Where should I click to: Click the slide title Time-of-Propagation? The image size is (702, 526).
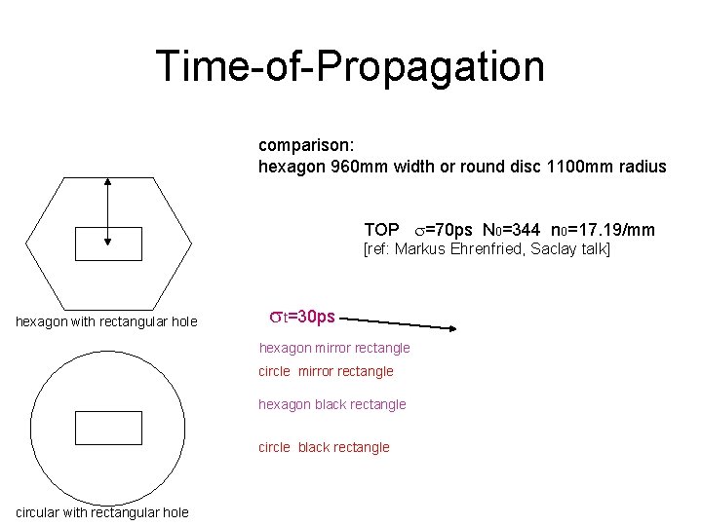pos(350,66)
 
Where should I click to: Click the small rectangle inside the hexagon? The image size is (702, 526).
pos(108,244)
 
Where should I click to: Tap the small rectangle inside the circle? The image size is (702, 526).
pos(108,428)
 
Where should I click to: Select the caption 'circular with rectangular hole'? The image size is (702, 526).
pos(102,513)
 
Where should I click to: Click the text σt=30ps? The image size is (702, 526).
pos(301,317)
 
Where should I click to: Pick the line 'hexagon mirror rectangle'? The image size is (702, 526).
pos(334,348)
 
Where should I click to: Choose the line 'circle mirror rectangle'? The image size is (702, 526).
pos(326,371)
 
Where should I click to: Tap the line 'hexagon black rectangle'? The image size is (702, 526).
pos(331,404)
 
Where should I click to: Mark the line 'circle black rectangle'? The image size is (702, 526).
pos(324,447)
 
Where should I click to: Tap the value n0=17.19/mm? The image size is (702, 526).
pos(603,230)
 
